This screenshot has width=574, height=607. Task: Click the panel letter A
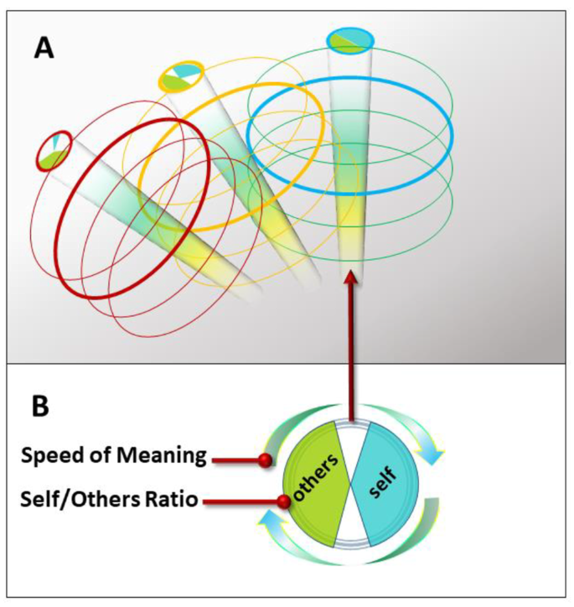44,46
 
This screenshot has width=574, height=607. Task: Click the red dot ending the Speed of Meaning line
266,459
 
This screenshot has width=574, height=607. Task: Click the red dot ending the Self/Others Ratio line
283,502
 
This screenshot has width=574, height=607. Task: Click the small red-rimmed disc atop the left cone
53,153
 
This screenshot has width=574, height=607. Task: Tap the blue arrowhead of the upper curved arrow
433,457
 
